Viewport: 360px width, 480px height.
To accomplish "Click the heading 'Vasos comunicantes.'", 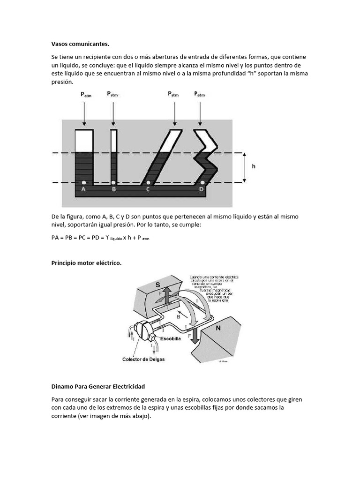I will pos(80,44).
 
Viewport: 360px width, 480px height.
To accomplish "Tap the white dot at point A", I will pos(83,182).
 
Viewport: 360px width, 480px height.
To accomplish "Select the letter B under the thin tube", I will pos(113,190).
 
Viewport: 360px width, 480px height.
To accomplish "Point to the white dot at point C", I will pos(149,182).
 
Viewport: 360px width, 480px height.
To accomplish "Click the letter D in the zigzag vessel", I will pos(201,189).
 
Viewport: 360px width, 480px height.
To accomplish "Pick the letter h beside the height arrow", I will pos(254,166).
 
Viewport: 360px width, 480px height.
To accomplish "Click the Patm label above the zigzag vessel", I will pos(200,94).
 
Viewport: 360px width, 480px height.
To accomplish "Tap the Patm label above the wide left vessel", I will pos(86,94).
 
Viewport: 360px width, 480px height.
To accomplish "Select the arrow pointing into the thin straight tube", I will pos(113,112).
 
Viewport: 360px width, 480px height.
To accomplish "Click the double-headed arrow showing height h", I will pos(245,167).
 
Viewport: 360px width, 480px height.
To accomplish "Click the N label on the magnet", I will pos(218,329).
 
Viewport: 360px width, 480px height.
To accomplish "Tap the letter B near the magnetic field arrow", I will pos(178,316).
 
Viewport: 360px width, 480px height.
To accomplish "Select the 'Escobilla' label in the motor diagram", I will pos(171,338).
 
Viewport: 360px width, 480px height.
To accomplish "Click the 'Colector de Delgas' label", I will pos(143,360).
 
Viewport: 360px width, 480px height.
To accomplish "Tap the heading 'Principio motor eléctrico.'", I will pos(86,263).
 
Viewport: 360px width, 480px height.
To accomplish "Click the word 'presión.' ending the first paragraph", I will pos(62,82).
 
